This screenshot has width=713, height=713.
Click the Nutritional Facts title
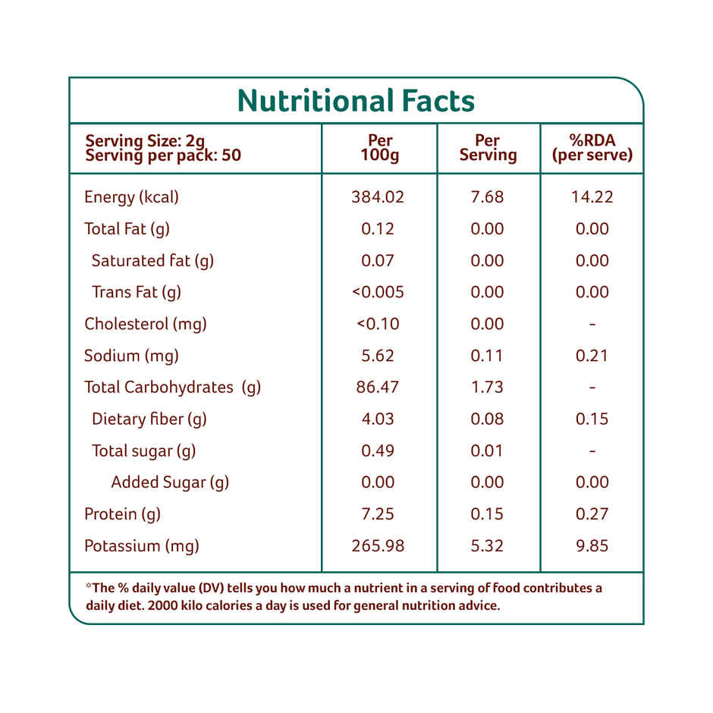tap(356, 101)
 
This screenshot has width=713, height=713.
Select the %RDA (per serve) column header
tap(592, 148)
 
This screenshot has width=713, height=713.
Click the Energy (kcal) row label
tap(131, 197)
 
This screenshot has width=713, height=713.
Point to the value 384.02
tap(378, 197)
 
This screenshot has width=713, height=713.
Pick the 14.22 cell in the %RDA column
tap(592, 197)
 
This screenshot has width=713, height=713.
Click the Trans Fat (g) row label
tap(137, 292)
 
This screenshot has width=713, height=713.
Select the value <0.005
tap(378, 292)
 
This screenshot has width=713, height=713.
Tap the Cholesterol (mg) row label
tap(146, 324)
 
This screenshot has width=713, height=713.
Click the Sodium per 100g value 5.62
tap(378, 356)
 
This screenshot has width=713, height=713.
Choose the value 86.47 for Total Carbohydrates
tap(378, 387)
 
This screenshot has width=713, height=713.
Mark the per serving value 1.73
tap(487, 387)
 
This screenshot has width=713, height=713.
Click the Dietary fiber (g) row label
tap(149, 419)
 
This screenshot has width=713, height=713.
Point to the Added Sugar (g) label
tap(170, 482)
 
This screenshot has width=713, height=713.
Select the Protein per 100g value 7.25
tap(378, 514)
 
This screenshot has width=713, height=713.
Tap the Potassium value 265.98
tap(378, 546)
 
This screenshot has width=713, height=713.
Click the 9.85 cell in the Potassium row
tap(592, 546)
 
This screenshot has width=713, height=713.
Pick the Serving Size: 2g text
tap(145, 140)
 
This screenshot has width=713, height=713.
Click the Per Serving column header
tap(488, 148)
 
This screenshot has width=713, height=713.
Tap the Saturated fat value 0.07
tap(378, 261)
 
